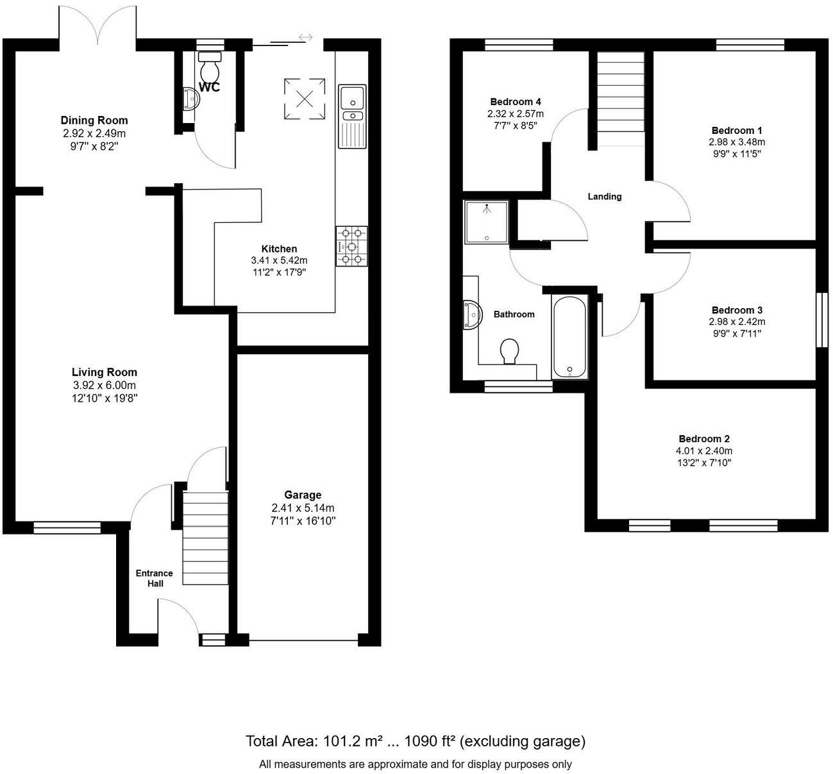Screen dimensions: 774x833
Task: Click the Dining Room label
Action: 94,120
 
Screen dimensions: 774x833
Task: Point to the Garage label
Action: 303,495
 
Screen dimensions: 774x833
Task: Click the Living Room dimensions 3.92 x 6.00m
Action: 105,385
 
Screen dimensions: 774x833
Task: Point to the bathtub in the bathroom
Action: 569,337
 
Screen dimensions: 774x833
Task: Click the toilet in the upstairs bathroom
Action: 510,351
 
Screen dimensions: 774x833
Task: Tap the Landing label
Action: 605,197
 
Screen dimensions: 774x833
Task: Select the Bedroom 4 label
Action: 516,101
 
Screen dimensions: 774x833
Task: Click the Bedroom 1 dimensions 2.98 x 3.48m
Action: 737,142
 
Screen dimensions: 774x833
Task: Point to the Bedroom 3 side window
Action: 821,320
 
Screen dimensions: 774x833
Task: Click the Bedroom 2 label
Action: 704,439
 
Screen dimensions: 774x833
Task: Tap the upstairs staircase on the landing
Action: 620,92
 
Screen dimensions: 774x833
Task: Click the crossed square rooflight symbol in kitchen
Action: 305,99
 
